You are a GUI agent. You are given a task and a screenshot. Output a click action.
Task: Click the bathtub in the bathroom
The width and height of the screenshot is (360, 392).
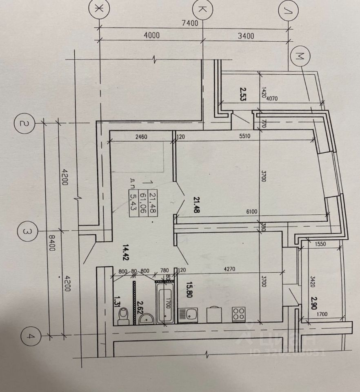[x=165, y=303]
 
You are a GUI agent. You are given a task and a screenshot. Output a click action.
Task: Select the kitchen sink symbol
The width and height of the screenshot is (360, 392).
[x=191, y=315]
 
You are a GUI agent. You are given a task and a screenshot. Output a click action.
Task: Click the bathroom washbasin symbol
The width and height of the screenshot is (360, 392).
[x=144, y=318]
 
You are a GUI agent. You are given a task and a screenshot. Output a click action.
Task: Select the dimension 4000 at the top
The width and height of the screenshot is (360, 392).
[x=152, y=36]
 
